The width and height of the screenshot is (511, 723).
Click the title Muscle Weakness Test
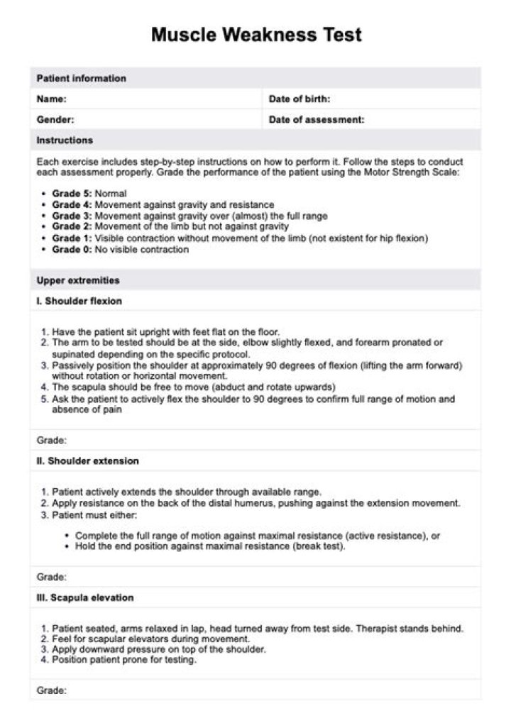click(x=256, y=35)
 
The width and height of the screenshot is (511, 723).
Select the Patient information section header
click(x=81, y=78)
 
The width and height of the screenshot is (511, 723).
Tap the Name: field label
click(x=52, y=99)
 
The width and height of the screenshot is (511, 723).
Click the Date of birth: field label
click(x=299, y=99)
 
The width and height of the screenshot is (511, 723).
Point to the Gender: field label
click(x=55, y=120)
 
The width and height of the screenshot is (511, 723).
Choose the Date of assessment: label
click(x=317, y=120)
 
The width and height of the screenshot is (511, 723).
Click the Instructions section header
click(x=65, y=140)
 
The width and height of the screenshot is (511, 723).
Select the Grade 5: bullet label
click(x=72, y=194)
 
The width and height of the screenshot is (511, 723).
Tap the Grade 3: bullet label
click(x=72, y=216)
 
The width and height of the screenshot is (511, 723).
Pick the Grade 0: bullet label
click(x=72, y=250)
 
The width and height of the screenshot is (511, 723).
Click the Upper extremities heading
click(x=78, y=280)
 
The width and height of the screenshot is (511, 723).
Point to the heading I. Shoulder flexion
click(x=79, y=301)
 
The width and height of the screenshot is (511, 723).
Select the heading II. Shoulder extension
click(x=88, y=461)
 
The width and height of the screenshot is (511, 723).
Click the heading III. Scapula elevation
click(x=85, y=597)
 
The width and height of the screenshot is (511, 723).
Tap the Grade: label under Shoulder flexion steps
click(x=52, y=440)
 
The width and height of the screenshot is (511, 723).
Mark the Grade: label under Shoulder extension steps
click(x=52, y=577)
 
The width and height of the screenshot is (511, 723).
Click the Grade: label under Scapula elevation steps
click(x=52, y=690)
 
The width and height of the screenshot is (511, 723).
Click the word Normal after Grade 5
click(x=111, y=194)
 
